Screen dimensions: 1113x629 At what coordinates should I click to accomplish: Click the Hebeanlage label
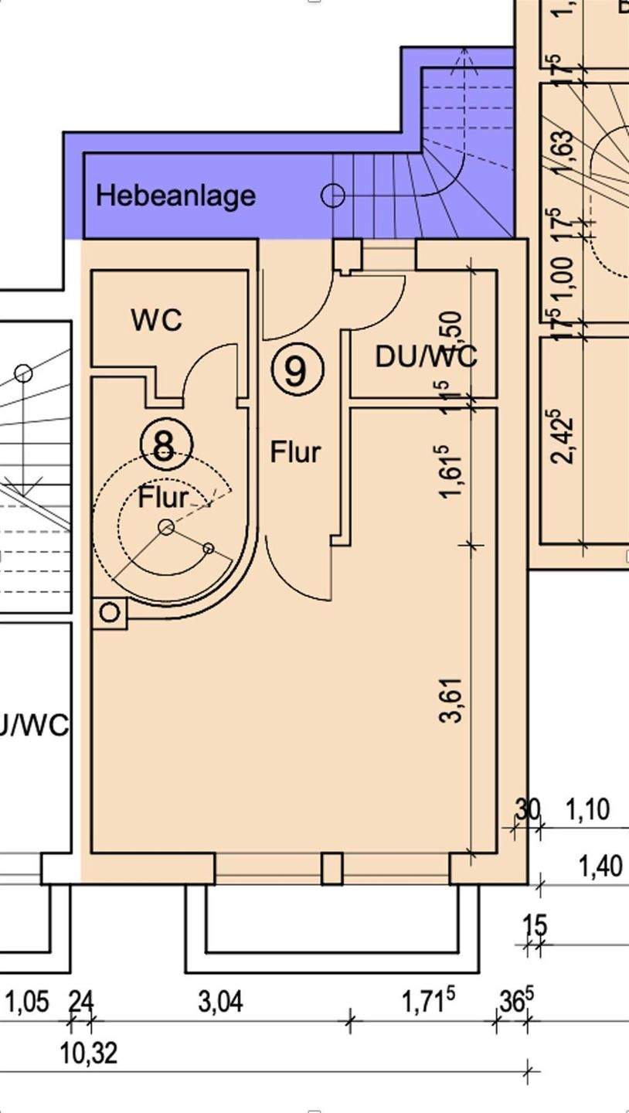(175, 195)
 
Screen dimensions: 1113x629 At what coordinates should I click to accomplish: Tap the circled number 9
(297, 370)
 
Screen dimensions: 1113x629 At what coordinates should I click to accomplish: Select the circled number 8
(165, 445)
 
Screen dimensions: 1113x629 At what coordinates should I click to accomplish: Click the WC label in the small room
(157, 319)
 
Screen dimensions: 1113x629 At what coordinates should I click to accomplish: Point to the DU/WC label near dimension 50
(426, 356)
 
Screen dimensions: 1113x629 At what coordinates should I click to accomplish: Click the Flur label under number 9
(295, 452)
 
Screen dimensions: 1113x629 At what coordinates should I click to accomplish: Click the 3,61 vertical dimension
(452, 699)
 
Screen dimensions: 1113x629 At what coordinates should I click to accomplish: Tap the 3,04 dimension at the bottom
(220, 1002)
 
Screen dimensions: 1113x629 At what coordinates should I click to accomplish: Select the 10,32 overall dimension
(89, 1053)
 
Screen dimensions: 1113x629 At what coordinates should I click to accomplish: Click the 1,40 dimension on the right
(600, 866)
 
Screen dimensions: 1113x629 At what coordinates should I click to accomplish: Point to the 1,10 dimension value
(587, 810)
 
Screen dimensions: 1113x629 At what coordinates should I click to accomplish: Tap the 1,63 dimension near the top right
(563, 154)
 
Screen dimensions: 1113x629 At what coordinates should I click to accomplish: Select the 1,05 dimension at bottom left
(27, 1002)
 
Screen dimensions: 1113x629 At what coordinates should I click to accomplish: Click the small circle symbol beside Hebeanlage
(332, 196)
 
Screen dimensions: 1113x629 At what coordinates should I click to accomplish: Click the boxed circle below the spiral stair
(110, 613)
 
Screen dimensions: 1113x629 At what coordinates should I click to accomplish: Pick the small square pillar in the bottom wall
(331, 868)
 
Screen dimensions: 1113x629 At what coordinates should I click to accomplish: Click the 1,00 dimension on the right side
(563, 273)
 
